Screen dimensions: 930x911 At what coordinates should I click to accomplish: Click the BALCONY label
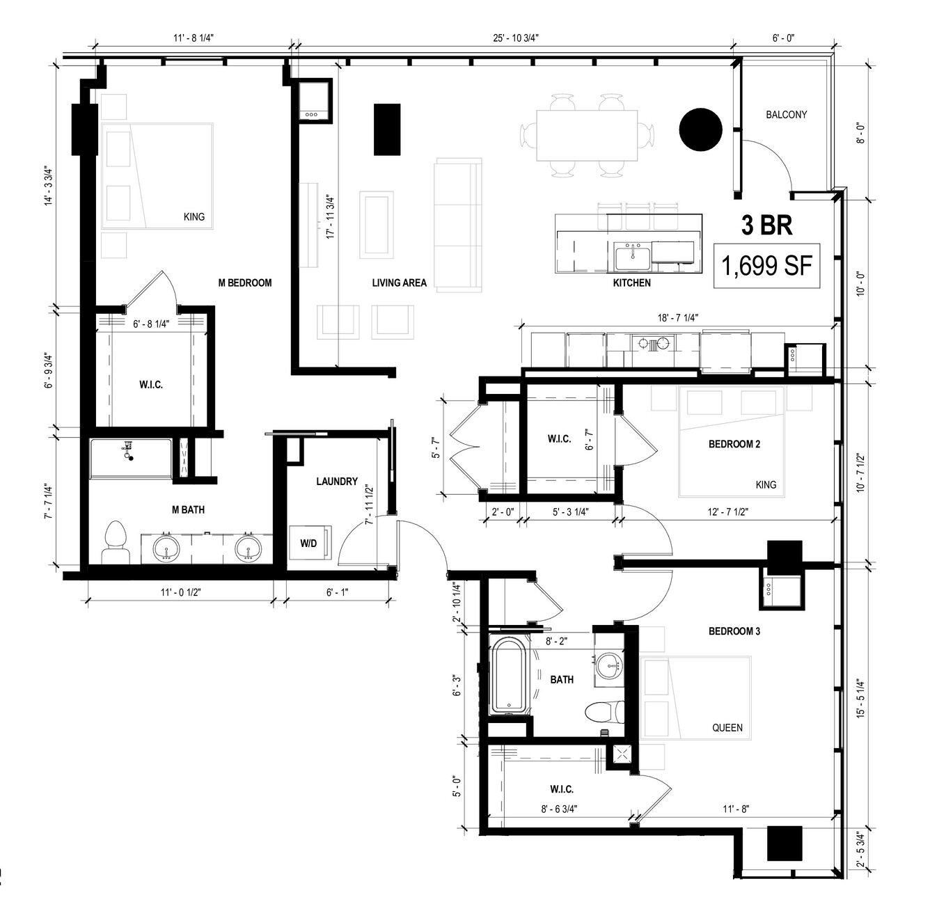pyautogui.click(x=786, y=115)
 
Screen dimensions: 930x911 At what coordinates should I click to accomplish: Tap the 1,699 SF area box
pyautogui.click(x=766, y=266)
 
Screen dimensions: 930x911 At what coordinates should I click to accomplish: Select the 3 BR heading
pyautogui.click(x=767, y=225)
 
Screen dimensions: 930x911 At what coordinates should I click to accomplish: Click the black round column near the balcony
pyautogui.click(x=700, y=129)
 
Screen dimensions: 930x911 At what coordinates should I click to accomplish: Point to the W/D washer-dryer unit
pyautogui.click(x=310, y=543)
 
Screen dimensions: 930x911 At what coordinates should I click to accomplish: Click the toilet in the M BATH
pyautogui.click(x=116, y=541)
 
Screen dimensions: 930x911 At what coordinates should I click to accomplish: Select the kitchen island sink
pyautogui.click(x=633, y=256)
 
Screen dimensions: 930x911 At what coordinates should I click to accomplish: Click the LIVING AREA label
pyautogui.click(x=399, y=283)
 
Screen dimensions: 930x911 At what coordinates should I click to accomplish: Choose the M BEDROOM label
pyautogui.click(x=245, y=283)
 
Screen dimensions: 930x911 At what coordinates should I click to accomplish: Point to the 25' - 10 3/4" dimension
pyautogui.click(x=515, y=38)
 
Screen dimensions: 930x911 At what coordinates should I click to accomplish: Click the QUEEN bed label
pyautogui.click(x=727, y=728)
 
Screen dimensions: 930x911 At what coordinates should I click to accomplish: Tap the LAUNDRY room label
pyautogui.click(x=337, y=481)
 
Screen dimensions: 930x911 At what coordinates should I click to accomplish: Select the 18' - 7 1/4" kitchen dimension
pyautogui.click(x=677, y=318)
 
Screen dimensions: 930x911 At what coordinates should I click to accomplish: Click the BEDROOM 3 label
pyautogui.click(x=734, y=631)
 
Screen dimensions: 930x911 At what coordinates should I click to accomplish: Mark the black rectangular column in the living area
pyautogui.click(x=387, y=129)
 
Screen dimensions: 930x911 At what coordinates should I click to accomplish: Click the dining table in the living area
pyautogui.click(x=587, y=135)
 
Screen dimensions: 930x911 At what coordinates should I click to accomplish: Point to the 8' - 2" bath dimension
pyautogui.click(x=556, y=641)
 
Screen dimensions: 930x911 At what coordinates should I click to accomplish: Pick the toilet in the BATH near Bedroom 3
pyautogui.click(x=604, y=711)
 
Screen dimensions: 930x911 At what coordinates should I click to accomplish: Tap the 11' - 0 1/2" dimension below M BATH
pyautogui.click(x=180, y=592)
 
